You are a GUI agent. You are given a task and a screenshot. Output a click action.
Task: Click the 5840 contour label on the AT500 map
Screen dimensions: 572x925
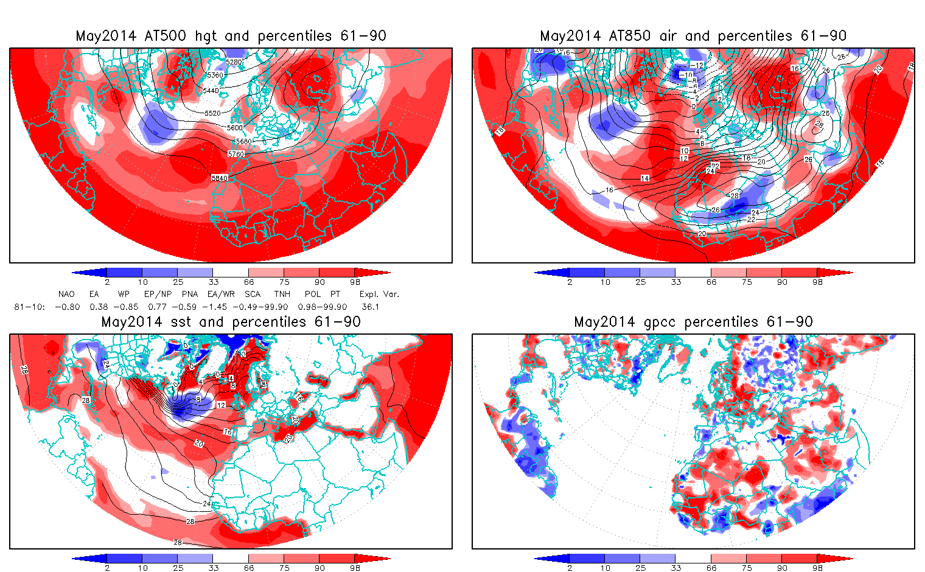(220, 178)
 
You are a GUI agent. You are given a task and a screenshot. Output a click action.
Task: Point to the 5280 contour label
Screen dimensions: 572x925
(234, 62)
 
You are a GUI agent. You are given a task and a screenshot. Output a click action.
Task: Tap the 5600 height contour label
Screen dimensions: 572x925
(235, 128)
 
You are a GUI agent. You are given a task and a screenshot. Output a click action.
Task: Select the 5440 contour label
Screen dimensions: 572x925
(211, 91)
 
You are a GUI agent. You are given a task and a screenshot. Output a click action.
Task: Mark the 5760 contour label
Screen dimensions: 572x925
(236, 154)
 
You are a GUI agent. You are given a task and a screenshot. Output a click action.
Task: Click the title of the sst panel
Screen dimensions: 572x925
(231, 322)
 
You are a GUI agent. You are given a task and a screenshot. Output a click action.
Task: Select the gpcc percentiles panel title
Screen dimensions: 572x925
(693, 322)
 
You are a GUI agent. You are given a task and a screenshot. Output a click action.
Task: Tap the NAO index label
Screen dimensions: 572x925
(66, 294)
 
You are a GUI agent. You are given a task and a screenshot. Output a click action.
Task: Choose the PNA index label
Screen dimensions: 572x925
(190, 294)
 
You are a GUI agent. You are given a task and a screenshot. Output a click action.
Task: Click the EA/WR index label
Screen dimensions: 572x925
(221, 294)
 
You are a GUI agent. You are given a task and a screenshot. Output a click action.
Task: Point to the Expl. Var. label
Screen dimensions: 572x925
(379, 294)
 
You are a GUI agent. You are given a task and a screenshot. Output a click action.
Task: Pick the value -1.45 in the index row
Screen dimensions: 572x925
(221, 307)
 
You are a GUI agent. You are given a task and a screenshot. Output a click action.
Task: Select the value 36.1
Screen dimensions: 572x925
(370, 307)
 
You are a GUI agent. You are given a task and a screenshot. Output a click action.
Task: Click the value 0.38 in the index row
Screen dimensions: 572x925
(99, 307)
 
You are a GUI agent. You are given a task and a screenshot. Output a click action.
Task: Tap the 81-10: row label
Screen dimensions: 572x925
(29, 307)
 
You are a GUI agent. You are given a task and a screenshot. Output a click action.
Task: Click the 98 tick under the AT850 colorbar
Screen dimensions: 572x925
(817, 282)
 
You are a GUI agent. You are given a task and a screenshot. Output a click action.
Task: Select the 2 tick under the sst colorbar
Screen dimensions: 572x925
(107, 568)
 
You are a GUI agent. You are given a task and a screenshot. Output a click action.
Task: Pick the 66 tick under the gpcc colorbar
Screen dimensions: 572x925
(711, 568)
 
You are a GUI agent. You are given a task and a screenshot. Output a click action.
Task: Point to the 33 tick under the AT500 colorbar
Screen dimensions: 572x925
(213, 282)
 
